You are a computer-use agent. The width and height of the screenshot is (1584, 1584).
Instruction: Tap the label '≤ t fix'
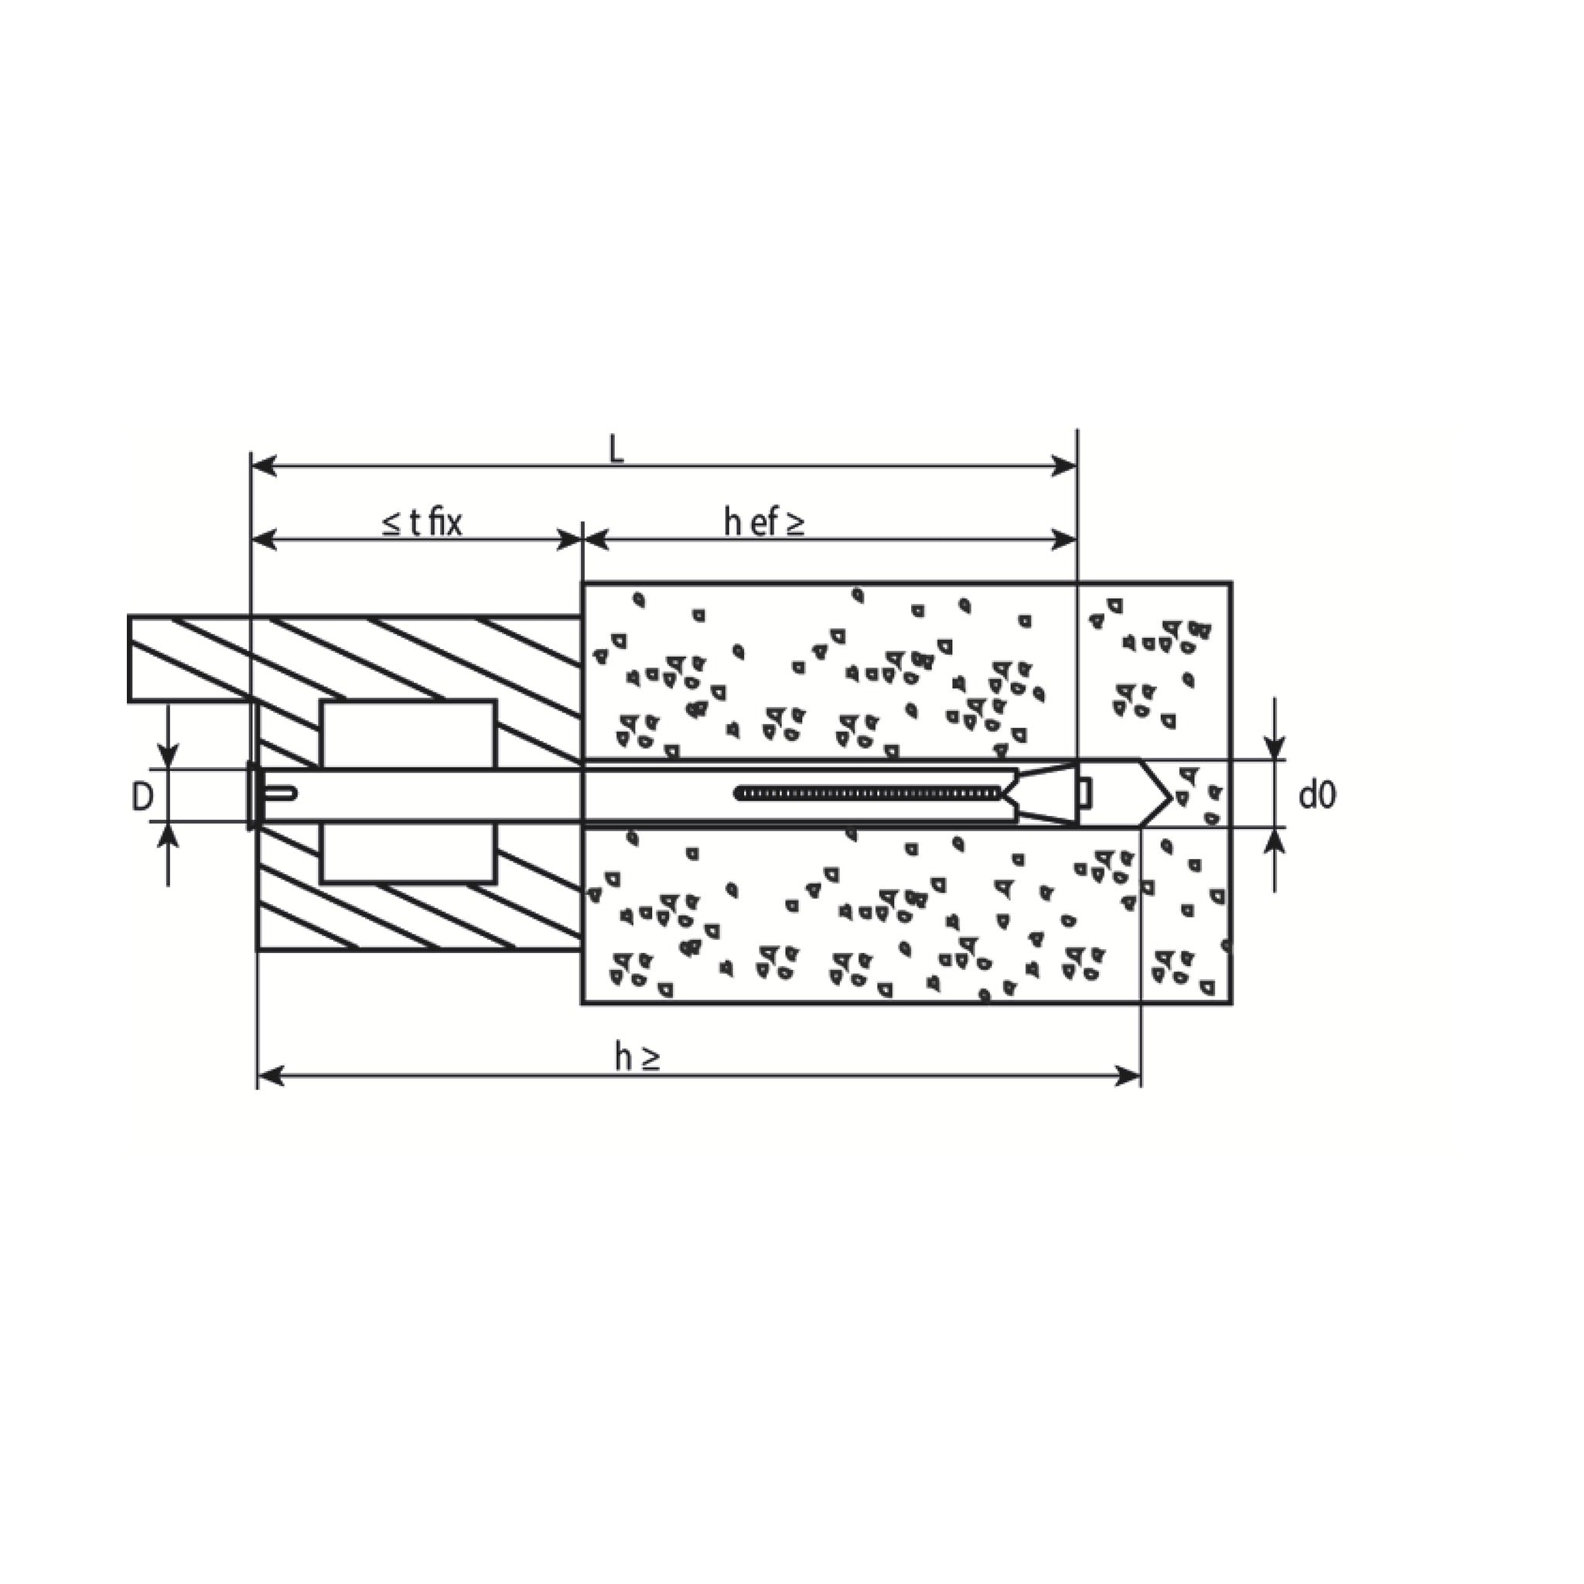pyautogui.click(x=423, y=523)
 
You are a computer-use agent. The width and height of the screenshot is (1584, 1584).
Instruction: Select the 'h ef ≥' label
pyautogui.click(x=764, y=523)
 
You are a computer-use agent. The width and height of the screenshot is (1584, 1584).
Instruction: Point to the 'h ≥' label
pyautogui.click(x=638, y=1060)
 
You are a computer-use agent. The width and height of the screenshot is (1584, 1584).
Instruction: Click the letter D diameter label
pyautogui.click(x=142, y=797)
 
